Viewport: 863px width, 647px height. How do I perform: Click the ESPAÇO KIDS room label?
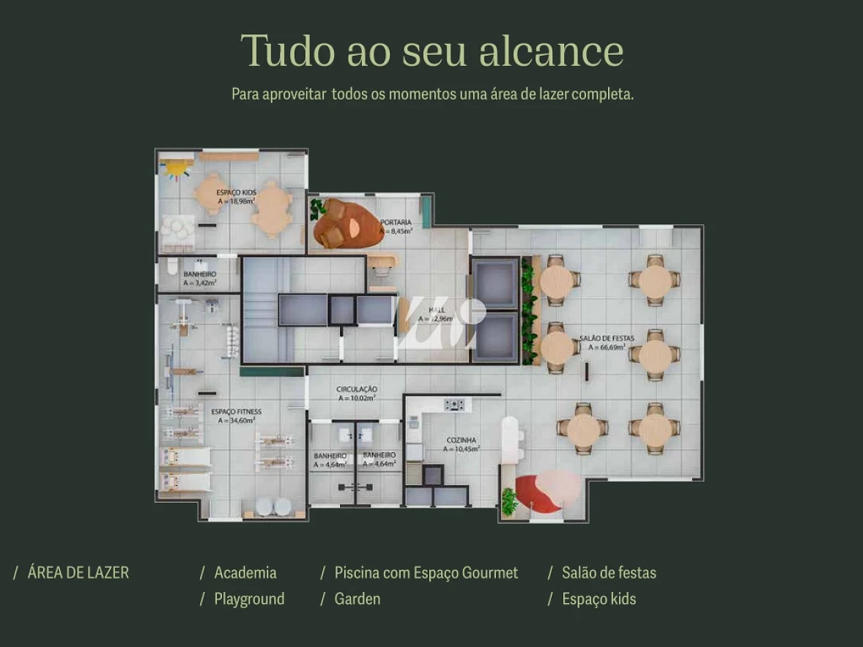coord(235,192)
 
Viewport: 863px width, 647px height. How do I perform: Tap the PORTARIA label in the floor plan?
coord(396,222)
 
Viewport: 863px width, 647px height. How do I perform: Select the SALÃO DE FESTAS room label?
coord(607,338)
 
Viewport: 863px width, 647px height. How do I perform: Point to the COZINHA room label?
coord(462,440)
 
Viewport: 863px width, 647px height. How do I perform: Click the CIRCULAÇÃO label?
coord(357,389)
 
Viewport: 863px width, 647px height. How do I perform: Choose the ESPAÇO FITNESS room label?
coord(236,412)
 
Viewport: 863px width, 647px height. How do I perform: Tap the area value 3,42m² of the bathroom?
coord(200,283)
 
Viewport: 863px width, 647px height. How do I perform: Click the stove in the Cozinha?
coord(454,404)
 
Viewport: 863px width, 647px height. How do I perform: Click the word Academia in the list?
coord(245,573)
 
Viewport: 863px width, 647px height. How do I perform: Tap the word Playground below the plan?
coord(248,599)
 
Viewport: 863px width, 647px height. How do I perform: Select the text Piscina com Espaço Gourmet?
coord(426,573)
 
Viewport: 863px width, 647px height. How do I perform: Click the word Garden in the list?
coord(357,599)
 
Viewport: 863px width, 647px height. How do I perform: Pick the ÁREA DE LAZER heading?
coord(78,573)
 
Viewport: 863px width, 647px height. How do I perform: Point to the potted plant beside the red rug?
coord(508,500)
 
